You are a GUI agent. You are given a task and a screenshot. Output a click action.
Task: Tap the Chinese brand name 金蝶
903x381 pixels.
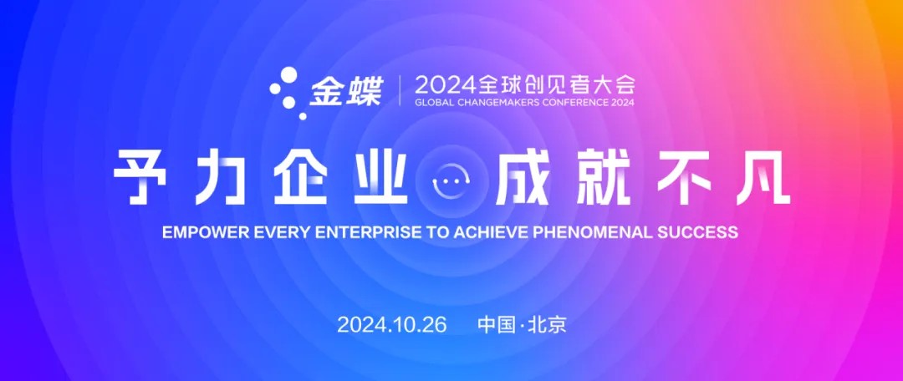click(x=345, y=92)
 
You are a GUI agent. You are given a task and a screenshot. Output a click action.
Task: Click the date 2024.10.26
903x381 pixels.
click(x=391, y=324)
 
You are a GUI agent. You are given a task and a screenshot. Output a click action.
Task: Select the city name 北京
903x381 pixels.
click(x=547, y=324)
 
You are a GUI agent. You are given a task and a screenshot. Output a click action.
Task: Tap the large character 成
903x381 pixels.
click(x=521, y=179)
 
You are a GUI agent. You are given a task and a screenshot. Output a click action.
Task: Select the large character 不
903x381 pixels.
click(x=682, y=179)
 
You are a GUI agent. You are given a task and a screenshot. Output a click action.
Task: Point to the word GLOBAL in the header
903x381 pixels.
click(x=434, y=104)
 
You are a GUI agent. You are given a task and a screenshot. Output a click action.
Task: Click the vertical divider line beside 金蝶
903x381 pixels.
click(x=400, y=92)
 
